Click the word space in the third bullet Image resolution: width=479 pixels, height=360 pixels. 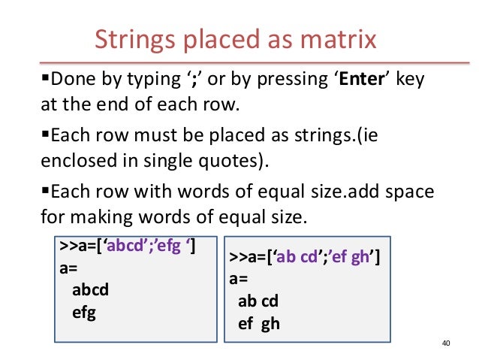tap(413, 193)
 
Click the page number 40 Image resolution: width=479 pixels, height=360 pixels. tap(446, 344)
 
